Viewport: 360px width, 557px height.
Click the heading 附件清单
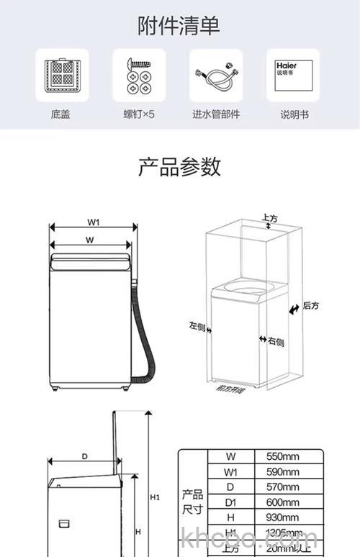pos(179,26)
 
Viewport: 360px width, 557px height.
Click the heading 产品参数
pos(179,167)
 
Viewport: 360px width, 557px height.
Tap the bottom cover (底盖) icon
pos(62,75)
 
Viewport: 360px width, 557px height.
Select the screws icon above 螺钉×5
pos(139,75)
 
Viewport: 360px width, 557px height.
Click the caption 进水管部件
pos(216,114)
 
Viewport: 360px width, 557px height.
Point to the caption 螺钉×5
pos(139,114)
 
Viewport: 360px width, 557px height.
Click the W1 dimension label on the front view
pos(93,222)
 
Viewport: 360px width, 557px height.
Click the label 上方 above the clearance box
pos(269,217)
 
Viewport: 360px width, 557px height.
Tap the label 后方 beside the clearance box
pos(311,306)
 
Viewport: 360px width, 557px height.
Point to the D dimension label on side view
pos(84,456)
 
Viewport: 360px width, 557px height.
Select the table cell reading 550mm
pos(282,456)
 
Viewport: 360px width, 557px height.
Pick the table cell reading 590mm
pos(282,472)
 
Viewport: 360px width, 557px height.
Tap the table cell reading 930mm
pos(282,517)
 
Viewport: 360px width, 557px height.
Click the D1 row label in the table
pos(230,502)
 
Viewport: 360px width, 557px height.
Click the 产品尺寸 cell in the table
pos(192,502)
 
